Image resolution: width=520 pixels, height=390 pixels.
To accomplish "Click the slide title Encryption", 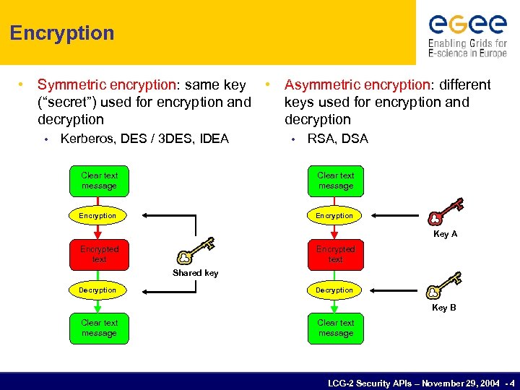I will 62,33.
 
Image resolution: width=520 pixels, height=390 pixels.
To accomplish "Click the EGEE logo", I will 467,34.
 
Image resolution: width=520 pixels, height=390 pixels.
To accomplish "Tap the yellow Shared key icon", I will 195,250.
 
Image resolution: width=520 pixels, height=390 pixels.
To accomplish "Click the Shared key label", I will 195,273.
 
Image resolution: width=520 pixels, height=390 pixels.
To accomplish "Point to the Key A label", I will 445,234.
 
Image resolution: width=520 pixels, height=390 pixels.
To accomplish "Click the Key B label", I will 443,308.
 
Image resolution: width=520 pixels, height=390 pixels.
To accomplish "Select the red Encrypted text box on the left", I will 99,253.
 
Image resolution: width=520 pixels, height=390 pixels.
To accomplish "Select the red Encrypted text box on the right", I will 336,253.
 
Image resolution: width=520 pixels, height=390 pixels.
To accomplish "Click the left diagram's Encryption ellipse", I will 97,215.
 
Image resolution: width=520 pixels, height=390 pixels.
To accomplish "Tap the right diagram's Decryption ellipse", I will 334,290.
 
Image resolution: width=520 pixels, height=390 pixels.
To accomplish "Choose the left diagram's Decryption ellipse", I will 97,290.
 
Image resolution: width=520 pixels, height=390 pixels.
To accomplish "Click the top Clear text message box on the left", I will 99,181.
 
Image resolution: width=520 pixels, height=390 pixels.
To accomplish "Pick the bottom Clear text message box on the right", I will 336,328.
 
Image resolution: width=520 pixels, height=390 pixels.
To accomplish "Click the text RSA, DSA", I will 337,139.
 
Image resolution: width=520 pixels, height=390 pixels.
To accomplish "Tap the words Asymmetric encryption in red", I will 357,85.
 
